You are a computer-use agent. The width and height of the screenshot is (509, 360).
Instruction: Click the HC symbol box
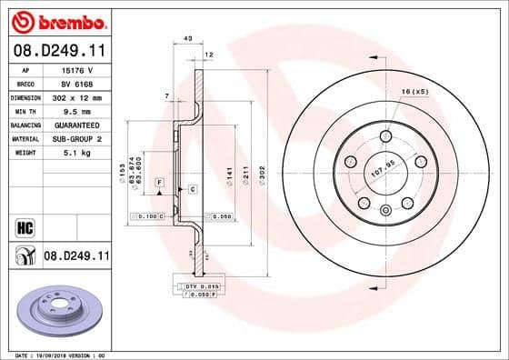[x=25, y=226]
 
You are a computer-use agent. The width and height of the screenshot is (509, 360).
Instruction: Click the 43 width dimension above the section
[x=188, y=38]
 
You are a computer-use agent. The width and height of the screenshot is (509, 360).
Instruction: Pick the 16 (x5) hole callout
[x=414, y=92]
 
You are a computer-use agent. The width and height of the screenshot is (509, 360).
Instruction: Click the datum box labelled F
[x=159, y=183]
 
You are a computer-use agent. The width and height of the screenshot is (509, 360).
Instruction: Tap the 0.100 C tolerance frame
[x=147, y=216]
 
